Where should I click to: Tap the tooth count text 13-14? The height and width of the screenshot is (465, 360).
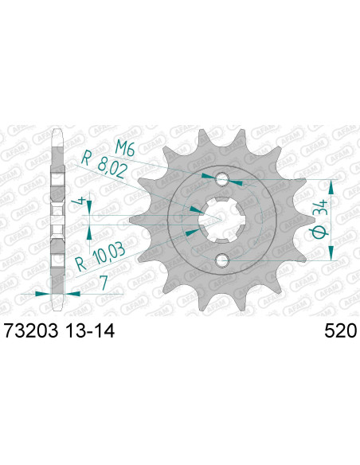88,330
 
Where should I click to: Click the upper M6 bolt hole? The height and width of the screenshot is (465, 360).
222,178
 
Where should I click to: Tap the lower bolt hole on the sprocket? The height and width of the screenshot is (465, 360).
222,260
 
